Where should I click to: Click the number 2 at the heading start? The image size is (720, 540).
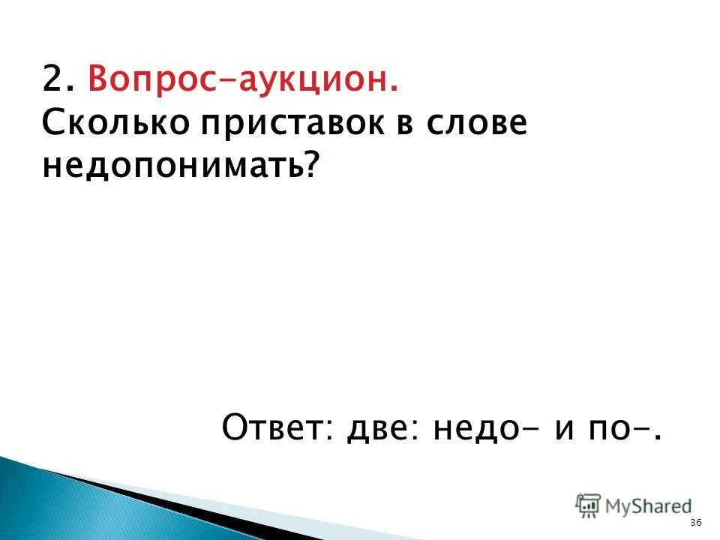(52, 78)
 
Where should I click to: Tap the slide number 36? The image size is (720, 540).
(695, 522)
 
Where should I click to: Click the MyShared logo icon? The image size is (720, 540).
(587, 505)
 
